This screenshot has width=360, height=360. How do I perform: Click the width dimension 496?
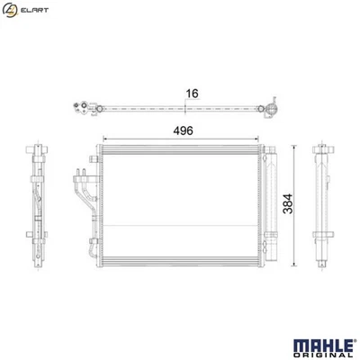184,130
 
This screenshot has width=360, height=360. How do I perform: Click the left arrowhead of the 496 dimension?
107,139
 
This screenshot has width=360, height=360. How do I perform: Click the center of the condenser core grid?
184,207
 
